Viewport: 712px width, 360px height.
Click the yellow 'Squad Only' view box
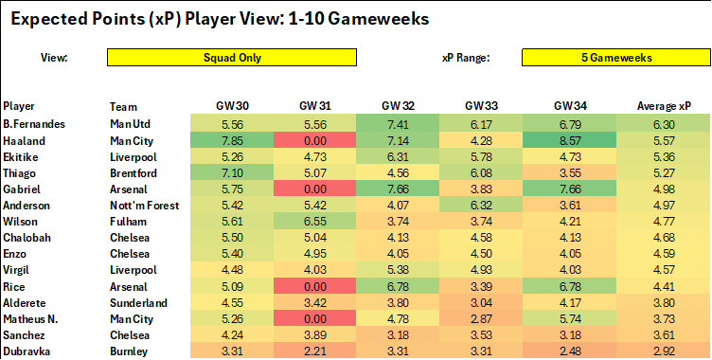click(x=232, y=57)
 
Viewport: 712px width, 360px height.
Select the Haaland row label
click(x=23, y=140)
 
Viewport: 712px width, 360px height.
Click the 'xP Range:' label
click(x=466, y=58)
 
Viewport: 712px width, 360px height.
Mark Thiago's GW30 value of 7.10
click(x=232, y=172)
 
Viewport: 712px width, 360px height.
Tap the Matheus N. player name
click(x=31, y=318)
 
